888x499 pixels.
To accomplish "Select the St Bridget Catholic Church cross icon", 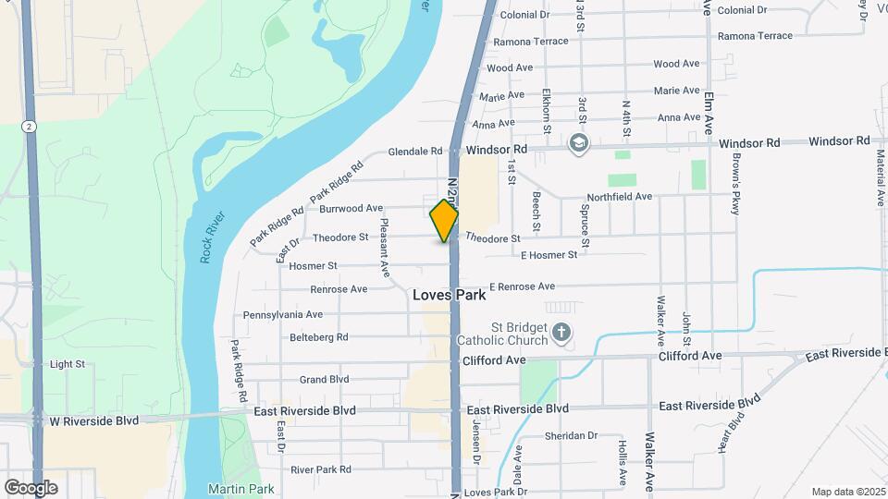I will [561, 331].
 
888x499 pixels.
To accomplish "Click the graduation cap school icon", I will [579, 142].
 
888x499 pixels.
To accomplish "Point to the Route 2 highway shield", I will [31, 126].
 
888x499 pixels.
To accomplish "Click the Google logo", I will [31, 487].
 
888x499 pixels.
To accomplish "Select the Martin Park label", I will [228, 488].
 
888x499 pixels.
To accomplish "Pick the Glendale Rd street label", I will [416, 151].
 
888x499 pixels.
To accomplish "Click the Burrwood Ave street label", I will [351, 209].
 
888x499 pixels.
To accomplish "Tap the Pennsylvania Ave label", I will [283, 315].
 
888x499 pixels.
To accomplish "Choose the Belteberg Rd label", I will [318, 337].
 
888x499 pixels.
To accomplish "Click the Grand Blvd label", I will [324, 379].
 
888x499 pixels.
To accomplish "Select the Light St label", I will [68, 364].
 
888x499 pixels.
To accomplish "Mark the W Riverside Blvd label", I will [93, 420].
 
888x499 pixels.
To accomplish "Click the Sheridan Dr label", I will [572, 435].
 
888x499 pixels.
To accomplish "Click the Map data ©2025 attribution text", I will [847, 492].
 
